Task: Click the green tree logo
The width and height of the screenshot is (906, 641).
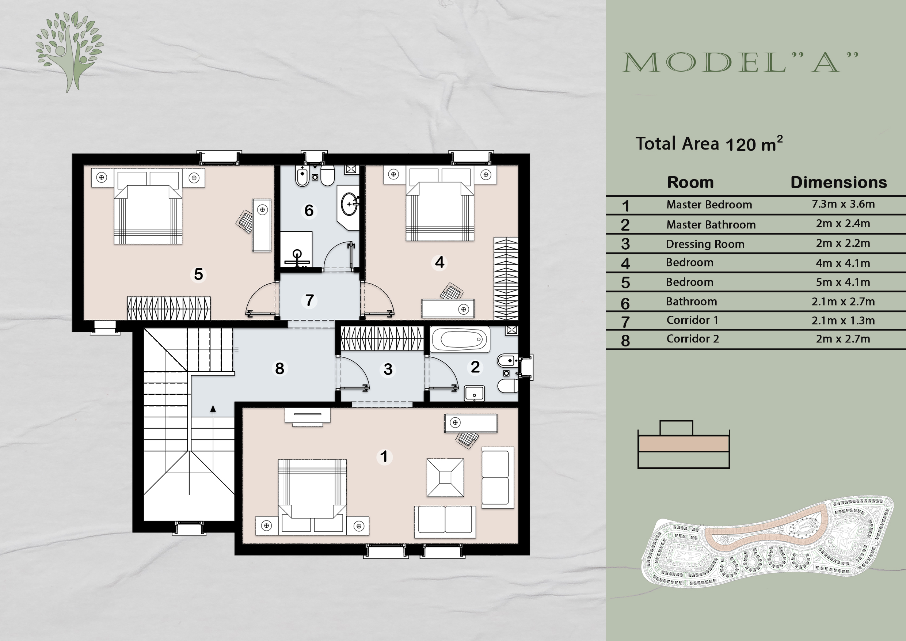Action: click(x=69, y=51)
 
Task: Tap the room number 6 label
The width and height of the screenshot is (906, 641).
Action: click(x=309, y=210)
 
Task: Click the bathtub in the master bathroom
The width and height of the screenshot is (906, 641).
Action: click(x=460, y=339)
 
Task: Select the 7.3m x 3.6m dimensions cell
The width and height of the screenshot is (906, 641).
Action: click(x=843, y=204)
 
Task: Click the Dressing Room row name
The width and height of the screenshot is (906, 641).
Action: click(x=705, y=244)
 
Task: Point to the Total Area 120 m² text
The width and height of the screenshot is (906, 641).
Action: click(x=709, y=144)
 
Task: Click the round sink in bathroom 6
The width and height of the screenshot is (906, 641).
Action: click(x=349, y=204)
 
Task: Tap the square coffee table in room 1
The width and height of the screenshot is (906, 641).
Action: click(x=445, y=477)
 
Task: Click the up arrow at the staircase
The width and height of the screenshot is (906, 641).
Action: click(x=213, y=409)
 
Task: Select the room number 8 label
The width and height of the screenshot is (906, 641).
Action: click(x=279, y=369)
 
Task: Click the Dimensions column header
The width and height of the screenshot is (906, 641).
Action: click(x=838, y=182)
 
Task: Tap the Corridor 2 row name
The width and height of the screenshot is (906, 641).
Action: click(x=693, y=339)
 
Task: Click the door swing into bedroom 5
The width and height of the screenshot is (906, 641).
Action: click(x=260, y=300)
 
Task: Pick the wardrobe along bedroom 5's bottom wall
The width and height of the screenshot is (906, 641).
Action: click(x=168, y=308)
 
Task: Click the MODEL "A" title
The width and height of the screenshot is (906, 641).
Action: click(x=740, y=62)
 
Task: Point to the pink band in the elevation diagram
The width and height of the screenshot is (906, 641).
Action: click(x=684, y=444)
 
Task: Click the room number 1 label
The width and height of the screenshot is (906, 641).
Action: click(x=384, y=456)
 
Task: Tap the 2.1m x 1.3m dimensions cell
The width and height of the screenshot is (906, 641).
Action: click(x=843, y=320)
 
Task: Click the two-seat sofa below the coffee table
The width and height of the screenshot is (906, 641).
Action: click(x=445, y=521)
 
